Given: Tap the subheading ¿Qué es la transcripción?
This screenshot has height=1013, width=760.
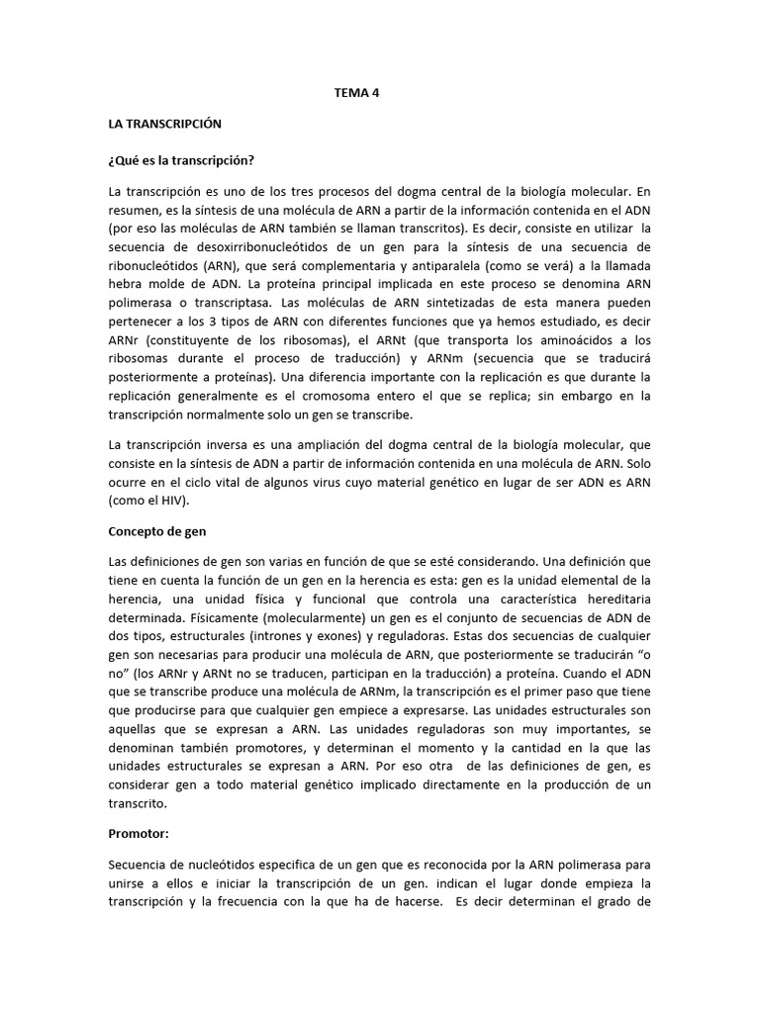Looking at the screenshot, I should pyautogui.click(x=187, y=159).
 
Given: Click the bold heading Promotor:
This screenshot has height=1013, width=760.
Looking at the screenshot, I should pyautogui.click(x=142, y=832).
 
